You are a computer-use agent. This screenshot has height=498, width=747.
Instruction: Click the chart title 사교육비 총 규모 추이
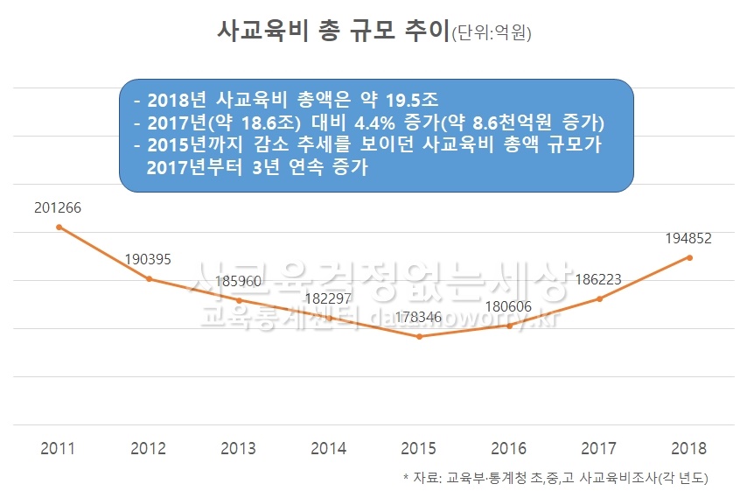point(332,30)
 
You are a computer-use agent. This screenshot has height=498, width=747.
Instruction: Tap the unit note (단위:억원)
point(491,33)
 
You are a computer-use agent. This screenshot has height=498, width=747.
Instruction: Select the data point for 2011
point(59,228)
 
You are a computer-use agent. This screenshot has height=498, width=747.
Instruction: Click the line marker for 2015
point(420,337)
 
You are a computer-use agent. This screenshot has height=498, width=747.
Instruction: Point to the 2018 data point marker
point(690,257)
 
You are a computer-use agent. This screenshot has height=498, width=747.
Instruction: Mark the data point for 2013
point(239,300)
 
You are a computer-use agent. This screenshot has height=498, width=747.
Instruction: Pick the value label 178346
point(420,317)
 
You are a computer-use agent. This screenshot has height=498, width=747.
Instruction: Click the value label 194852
point(689,238)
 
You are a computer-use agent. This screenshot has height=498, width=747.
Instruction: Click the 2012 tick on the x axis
point(149,449)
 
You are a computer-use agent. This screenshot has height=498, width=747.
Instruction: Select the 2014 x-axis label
point(329,449)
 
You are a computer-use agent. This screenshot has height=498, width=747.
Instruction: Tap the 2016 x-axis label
point(509,449)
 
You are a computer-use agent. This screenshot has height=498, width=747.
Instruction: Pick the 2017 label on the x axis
point(599,449)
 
